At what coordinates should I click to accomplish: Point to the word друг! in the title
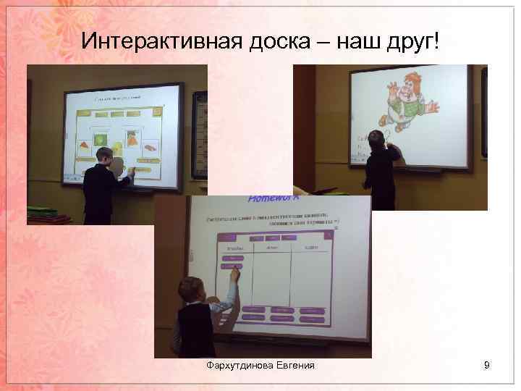pyautogui.click(x=412, y=43)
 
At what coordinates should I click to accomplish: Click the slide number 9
pyautogui.click(x=487, y=366)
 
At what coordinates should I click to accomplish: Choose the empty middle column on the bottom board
pyautogui.click(x=271, y=279)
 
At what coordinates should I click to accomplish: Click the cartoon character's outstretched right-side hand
pyautogui.click(x=433, y=107)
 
